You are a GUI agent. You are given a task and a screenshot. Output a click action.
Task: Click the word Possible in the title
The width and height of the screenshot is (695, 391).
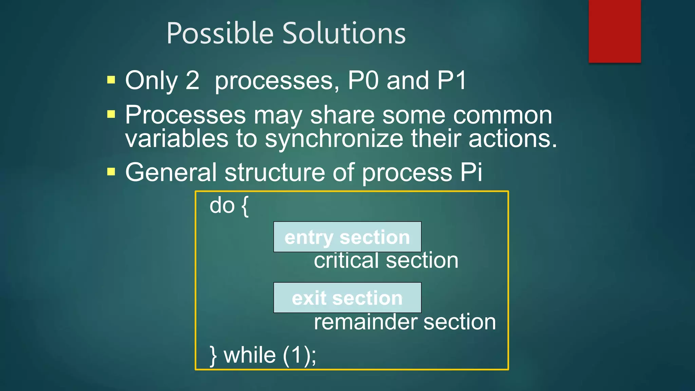220,33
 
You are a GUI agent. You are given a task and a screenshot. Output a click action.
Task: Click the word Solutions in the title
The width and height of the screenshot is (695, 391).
344,33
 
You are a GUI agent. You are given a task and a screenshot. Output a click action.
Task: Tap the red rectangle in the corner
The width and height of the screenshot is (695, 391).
615,31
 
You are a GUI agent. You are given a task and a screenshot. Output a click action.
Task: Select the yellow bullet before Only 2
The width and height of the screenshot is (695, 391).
111,80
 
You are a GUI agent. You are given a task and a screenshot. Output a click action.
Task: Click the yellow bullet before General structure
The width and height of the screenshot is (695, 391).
111,172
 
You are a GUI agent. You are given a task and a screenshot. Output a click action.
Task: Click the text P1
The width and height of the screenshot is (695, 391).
452,80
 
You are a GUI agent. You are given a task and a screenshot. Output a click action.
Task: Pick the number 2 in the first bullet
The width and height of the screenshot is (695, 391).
192,80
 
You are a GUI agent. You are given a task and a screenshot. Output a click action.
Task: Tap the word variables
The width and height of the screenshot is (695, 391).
177,139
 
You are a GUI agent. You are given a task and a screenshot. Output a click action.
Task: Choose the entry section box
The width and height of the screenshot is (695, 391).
347,237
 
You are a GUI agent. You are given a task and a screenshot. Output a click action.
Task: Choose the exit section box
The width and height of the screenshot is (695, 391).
347,298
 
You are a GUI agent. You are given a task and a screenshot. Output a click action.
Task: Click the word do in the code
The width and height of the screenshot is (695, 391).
222,205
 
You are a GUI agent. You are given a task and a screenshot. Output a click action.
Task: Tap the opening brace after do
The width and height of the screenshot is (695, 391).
245,206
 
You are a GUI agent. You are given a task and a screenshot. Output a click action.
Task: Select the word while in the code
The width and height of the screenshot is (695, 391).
250,355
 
